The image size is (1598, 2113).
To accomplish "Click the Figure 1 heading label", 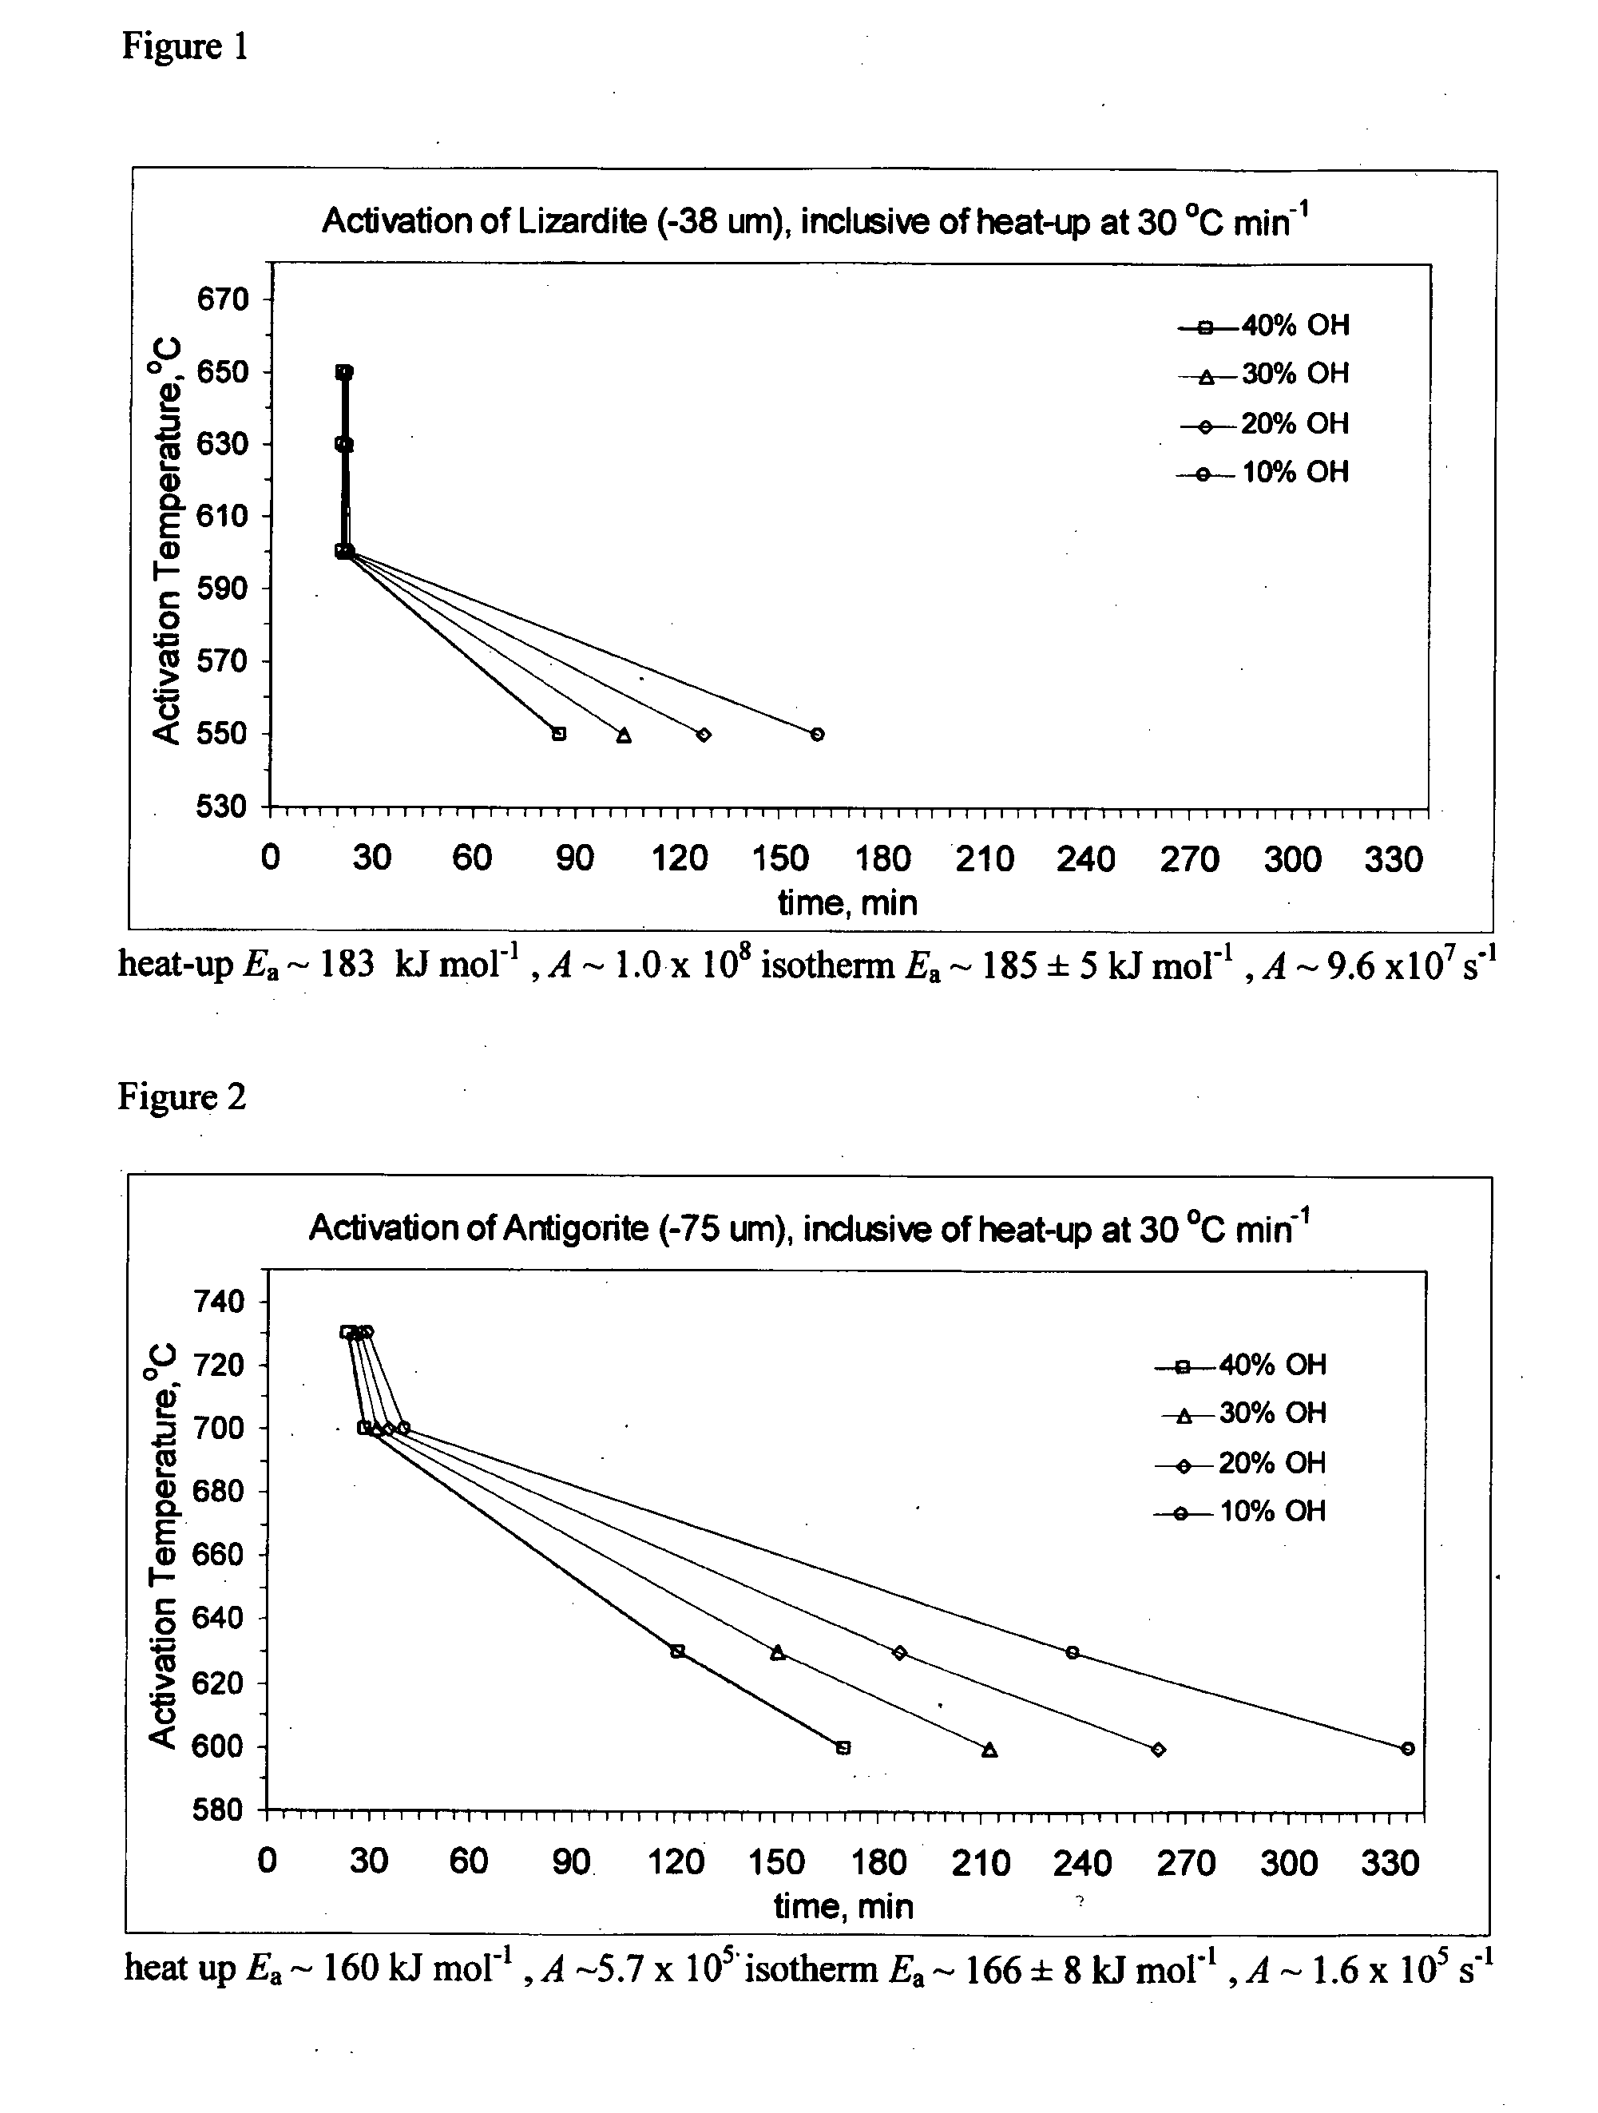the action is [x=184, y=45].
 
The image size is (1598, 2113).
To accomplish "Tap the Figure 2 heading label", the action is [x=181, y=1096].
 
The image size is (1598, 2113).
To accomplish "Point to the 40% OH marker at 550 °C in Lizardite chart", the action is [x=560, y=734].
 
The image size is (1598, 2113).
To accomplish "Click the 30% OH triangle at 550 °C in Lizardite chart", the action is [x=624, y=735].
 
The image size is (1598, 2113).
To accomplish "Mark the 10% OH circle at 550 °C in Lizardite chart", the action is [x=818, y=734].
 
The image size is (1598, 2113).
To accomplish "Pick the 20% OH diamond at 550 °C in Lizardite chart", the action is [x=704, y=734].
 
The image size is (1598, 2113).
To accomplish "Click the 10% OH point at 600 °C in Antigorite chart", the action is [x=1407, y=1748].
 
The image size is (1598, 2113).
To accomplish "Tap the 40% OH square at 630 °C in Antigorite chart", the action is [x=677, y=1651].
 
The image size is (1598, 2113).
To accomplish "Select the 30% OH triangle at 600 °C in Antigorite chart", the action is [x=989, y=1749].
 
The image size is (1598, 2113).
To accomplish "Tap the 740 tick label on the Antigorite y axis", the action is [x=219, y=1301].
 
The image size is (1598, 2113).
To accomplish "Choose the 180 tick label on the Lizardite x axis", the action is [x=882, y=858].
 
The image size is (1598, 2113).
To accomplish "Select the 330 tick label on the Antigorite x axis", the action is [x=1390, y=1863].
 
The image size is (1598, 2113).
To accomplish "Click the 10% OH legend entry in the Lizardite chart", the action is [x=1263, y=472].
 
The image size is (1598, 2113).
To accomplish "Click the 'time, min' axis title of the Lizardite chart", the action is [x=848, y=902].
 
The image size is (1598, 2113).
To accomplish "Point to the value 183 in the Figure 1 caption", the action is [x=346, y=965].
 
